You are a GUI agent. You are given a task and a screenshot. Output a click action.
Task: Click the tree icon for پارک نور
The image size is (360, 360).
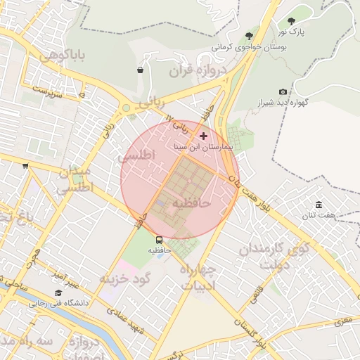(x=292, y=21)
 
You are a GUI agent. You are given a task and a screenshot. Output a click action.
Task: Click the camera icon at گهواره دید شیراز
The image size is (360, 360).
(x=283, y=92)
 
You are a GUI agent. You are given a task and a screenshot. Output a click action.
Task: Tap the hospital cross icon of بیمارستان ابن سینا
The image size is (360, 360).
(x=204, y=136)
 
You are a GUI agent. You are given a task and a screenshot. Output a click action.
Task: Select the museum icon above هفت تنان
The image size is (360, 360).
(x=319, y=205)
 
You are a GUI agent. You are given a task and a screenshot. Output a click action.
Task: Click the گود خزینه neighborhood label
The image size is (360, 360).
(x=126, y=278)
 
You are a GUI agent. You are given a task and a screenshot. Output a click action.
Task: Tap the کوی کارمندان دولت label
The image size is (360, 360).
(x=274, y=257)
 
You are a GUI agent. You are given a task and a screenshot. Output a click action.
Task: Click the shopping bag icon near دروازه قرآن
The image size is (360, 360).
(x=141, y=70)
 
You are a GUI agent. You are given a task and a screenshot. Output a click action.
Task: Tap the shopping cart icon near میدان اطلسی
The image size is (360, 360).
(x=25, y=166)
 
